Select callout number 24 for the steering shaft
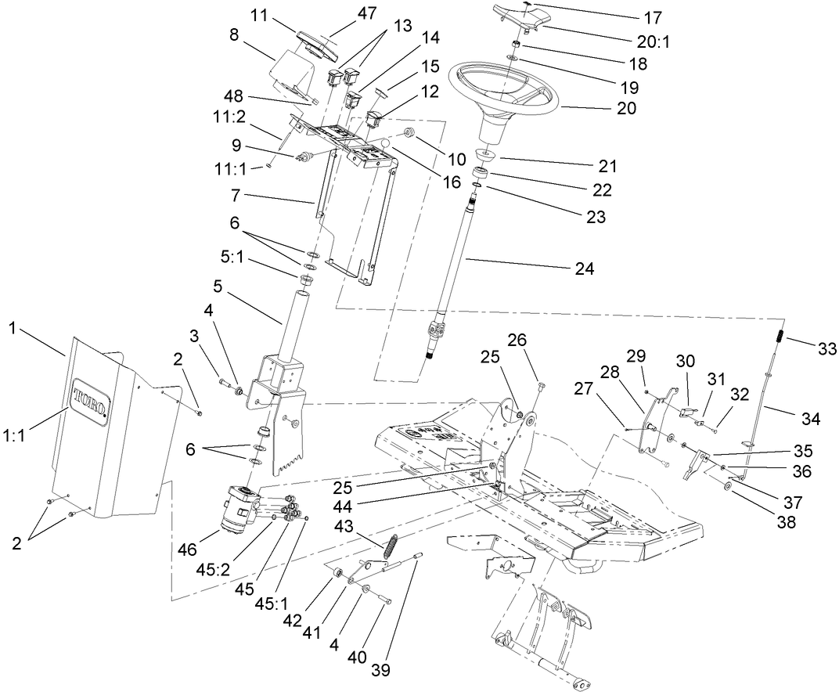pos(584,269)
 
